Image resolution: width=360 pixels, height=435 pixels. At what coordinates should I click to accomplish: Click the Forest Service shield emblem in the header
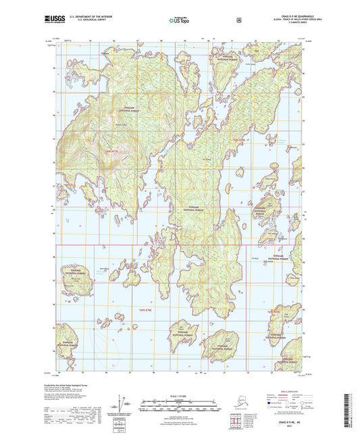[x=238, y=20]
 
